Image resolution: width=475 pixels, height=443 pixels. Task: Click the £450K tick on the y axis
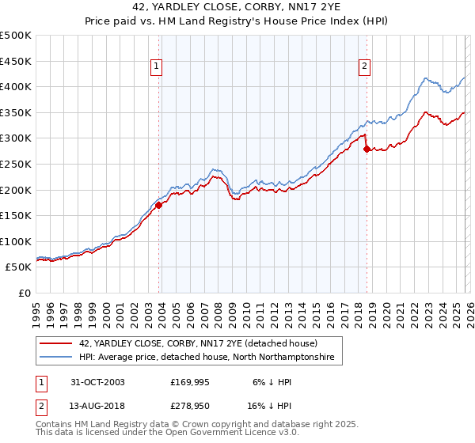(x=16, y=61)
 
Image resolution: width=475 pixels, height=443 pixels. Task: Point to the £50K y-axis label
(x=18, y=267)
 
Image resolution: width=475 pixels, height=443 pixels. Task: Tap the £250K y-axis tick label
(x=16, y=164)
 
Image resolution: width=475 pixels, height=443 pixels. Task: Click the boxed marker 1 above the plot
(x=158, y=67)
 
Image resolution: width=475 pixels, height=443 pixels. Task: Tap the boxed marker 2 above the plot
(x=365, y=67)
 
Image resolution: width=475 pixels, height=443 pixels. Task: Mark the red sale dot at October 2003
(x=158, y=206)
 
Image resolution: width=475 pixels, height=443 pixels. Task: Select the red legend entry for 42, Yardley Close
(x=198, y=343)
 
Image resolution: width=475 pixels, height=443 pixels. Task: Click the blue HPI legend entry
(x=207, y=358)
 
